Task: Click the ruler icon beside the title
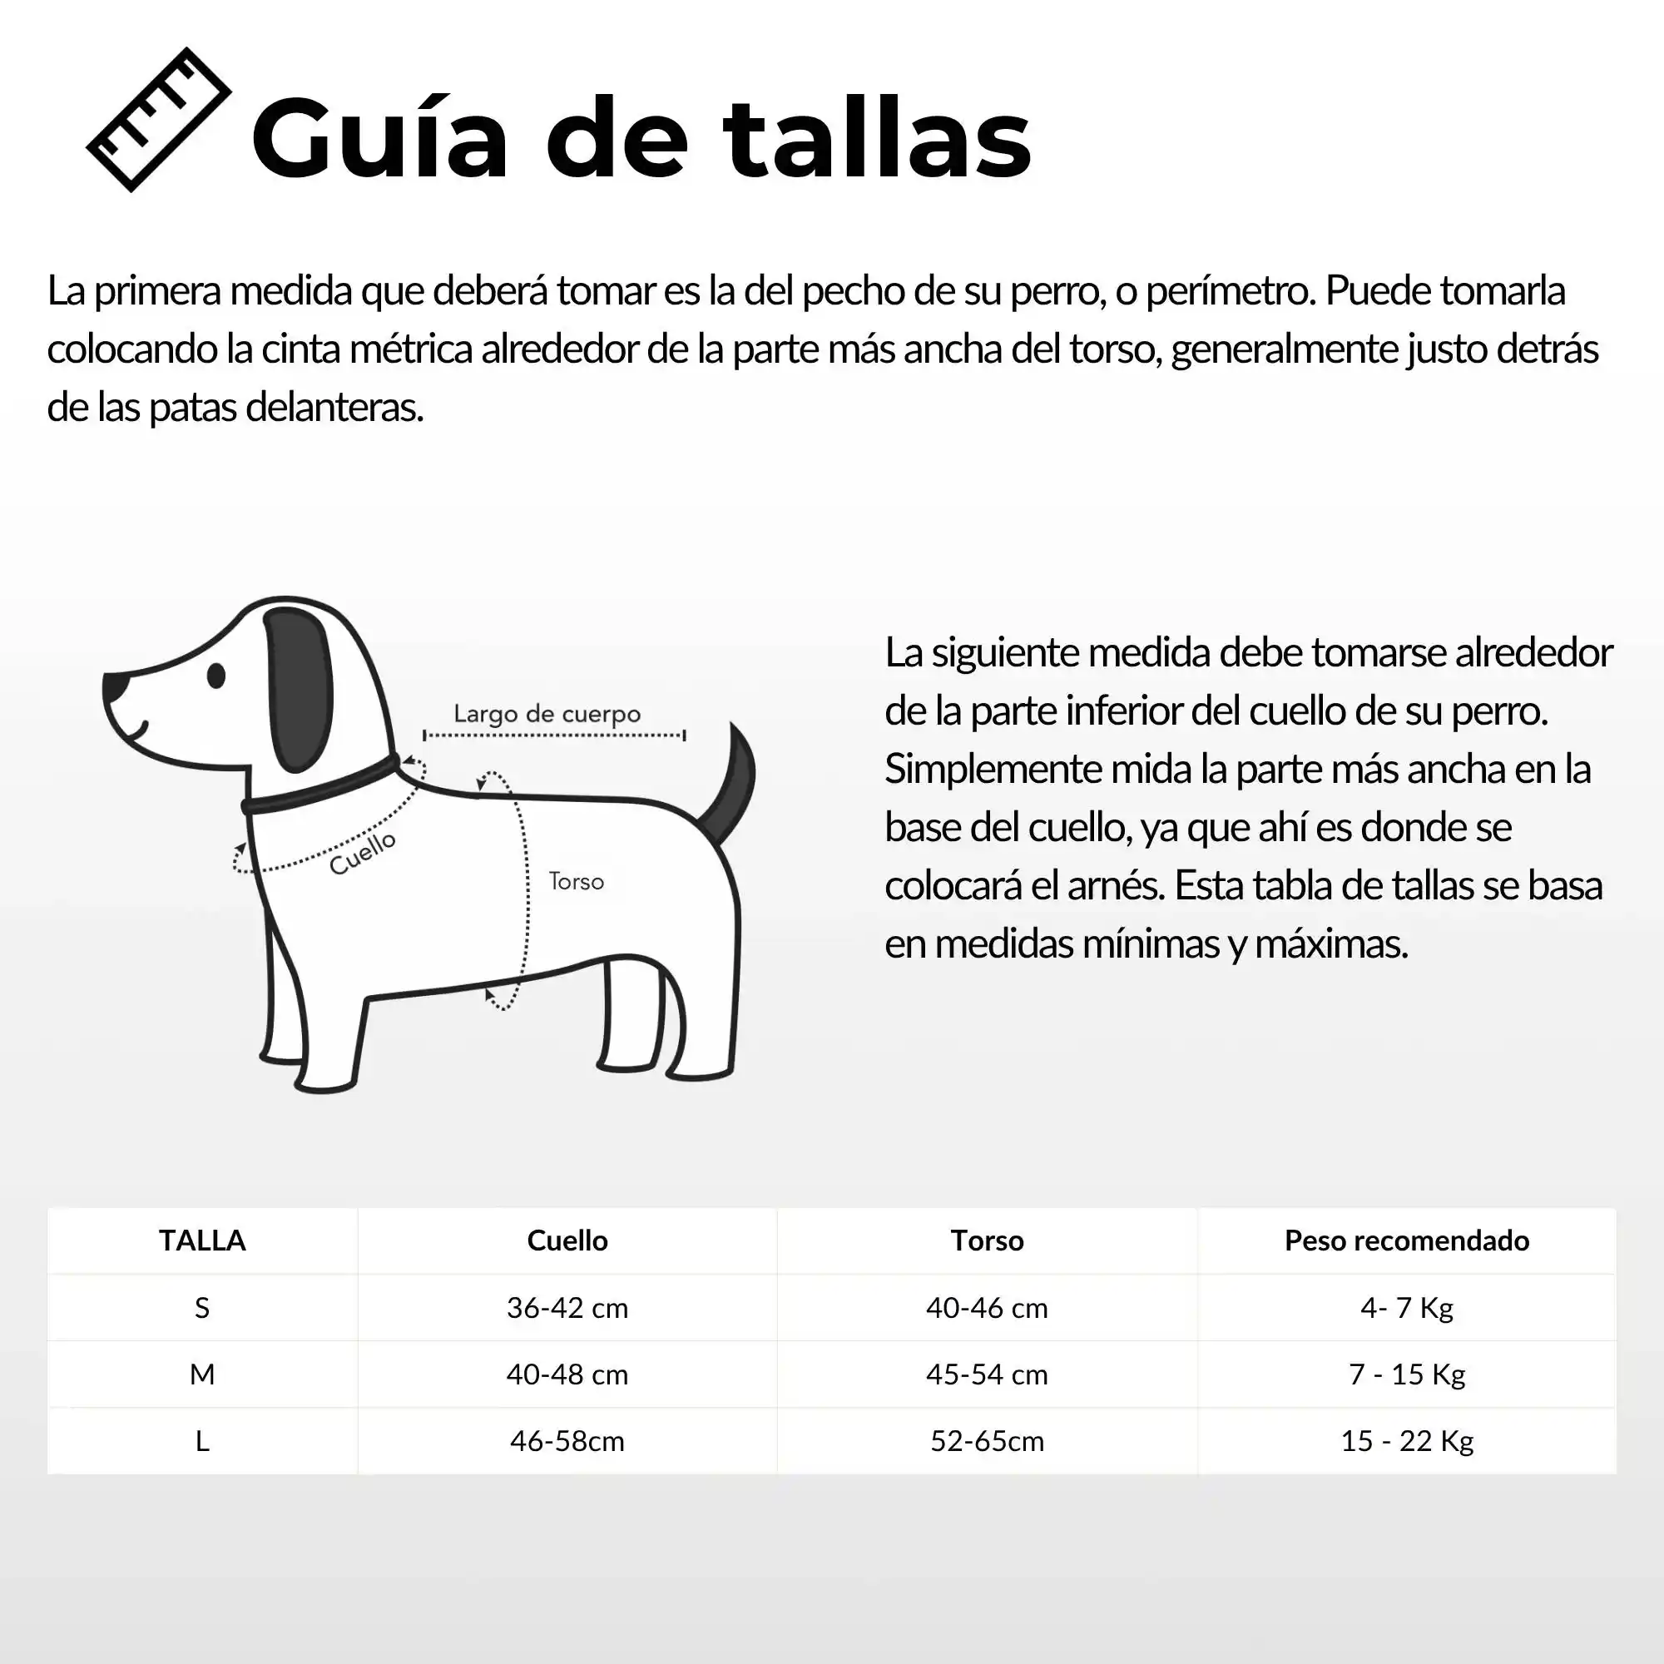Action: pyautogui.click(x=158, y=120)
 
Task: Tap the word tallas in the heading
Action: pyautogui.click(x=877, y=140)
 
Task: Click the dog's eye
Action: pyautogui.click(x=216, y=676)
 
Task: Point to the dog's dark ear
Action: pyautogui.click(x=299, y=689)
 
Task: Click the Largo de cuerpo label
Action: pyautogui.click(x=547, y=714)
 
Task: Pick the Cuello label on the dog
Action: pyautogui.click(x=363, y=852)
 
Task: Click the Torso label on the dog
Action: pyautogui.click(x=577, y=882)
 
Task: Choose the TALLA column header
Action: pyautogui.click(x=202, y=1241)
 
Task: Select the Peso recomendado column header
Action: pyautogui.click(x=1406, y=1241)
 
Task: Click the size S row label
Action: pyautogui.click(x=202, y=1307)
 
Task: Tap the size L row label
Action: pyautogui.click(x=202, y=1441)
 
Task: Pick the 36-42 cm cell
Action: pyautogui.click(x=567, y=1307)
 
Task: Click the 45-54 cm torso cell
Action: pyautogui.click(x=987, y=1374)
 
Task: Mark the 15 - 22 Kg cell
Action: pyautogui.click(x=1406, y=1441)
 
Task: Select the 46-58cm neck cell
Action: pyautogui.click(x=567, y=1441)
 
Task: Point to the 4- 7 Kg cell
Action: pyautogui.click(x=1406, y=1307)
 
